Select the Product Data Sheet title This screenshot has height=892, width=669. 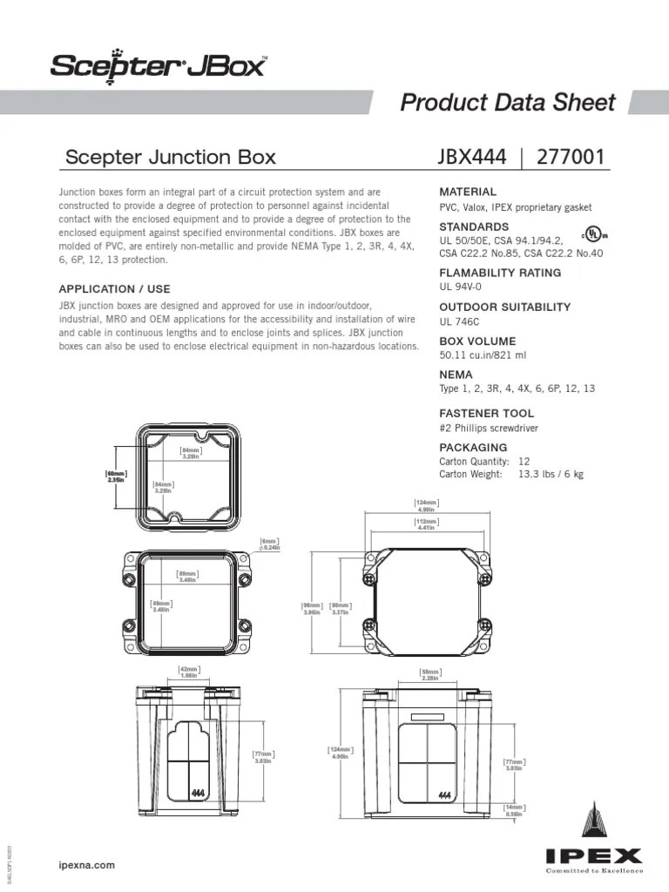pyautogui.click(x=507, y=102)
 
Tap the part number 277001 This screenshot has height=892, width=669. pyautogui.click(x=571, y=157)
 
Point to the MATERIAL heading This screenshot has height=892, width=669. pyautogui.click(x=468, y=192)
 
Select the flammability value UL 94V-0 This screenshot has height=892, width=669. pyautogui.click(x=461, y=287)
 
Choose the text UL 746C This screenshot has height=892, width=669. pyautogui.click(x=458, y=321)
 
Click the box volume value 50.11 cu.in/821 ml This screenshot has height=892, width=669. pyautogui.click(x=483, y=355)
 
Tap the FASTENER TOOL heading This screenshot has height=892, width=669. pyautogui.click(x=487, y=413)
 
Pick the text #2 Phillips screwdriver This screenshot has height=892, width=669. pyautogui.click(x=489, y=428)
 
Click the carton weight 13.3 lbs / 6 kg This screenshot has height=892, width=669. pyautogui.click(x=551, y=474)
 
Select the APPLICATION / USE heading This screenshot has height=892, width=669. pyautogui.click(x=114, y=288)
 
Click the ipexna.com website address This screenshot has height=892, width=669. pyautogui.click(x=86, y=865)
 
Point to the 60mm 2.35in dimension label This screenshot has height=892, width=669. pyautogui.click(x=116, y=476)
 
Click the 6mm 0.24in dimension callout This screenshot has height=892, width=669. pyautogui.click(x=270, y=544)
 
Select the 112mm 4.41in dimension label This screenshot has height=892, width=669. pyautogui.click(x=426, y=524)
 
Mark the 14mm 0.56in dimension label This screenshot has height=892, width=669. pyautogui.click(x=515, y=811)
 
